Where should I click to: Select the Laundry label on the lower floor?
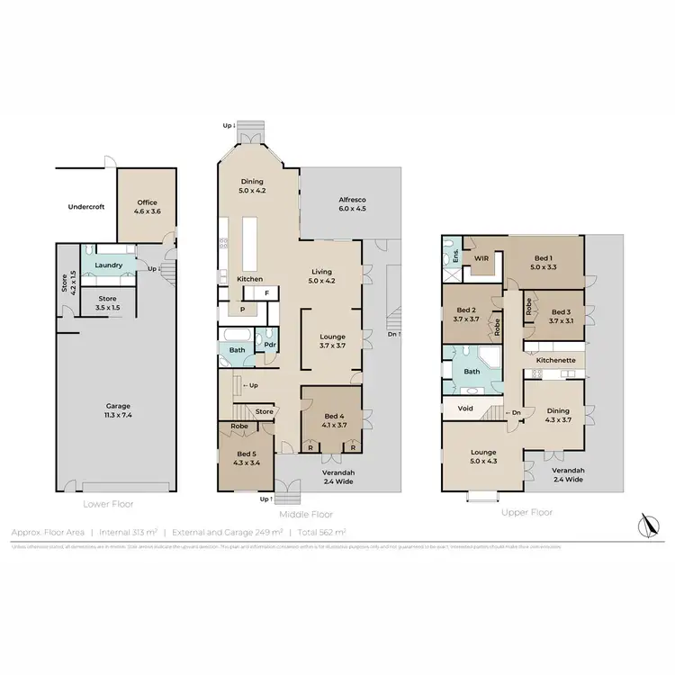click(x=107, y=265)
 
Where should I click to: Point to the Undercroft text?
click(x=86, y=207)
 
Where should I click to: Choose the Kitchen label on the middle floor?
click(x=249, y=279)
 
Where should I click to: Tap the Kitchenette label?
click(x=553, y=360)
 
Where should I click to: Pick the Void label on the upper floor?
click(x=465, y=409)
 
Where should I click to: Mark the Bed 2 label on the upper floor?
click(x=466, y=311)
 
